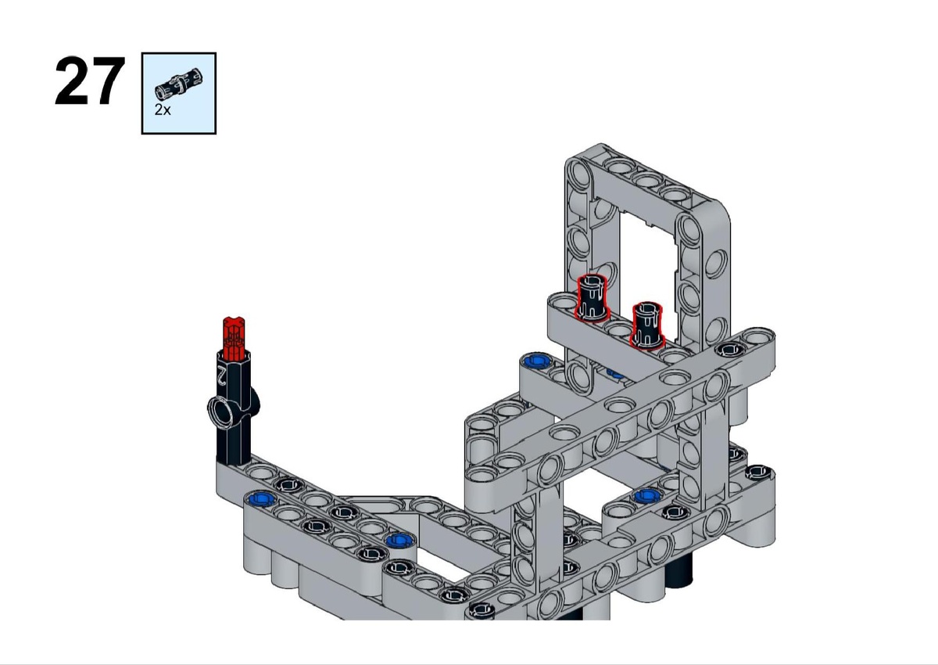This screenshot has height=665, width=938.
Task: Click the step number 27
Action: click(x=90, y=81)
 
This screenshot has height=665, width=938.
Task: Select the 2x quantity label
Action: click(x=163, y=110)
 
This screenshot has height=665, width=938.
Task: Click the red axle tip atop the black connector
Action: click(x=234, y=338)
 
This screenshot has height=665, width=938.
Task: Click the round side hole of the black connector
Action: click(x=222, y=412)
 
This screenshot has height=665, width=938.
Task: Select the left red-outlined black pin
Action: click(x=591, y=298)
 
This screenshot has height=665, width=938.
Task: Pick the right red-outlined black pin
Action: click(x=647, y=325)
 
